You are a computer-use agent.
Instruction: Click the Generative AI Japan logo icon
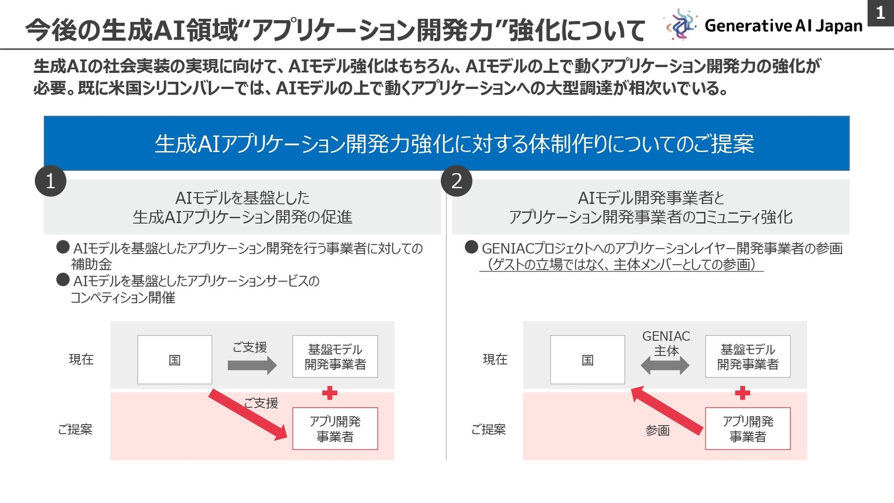[681, 25]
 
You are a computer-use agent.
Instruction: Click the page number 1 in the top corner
[880, 13]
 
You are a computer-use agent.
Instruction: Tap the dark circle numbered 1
[50, 181]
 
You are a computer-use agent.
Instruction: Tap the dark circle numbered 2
[457, 181]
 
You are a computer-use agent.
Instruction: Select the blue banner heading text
[454, 144]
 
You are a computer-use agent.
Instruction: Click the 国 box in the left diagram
[175, 360]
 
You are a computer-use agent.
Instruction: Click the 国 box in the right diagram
[587, 360]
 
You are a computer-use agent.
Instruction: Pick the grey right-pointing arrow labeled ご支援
[252, 365]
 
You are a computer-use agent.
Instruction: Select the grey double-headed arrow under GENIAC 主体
[665, 365]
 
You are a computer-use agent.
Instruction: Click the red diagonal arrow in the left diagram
[248, 415]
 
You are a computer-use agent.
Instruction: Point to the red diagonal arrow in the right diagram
[667, 410]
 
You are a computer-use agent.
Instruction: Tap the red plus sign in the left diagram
[330, 393]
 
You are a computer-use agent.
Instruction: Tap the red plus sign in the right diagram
[742, 393]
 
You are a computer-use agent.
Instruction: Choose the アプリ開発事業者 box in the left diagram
[335, 429]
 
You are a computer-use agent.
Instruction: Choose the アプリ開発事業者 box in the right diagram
[748, 429]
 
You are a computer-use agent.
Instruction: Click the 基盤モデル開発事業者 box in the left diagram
[335, 357]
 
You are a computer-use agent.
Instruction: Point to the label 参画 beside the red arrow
[657, 430]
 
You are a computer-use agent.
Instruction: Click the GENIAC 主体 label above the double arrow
[666, 343]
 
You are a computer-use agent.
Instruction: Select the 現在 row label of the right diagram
[495, 359]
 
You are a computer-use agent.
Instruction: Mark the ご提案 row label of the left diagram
[75, 429]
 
